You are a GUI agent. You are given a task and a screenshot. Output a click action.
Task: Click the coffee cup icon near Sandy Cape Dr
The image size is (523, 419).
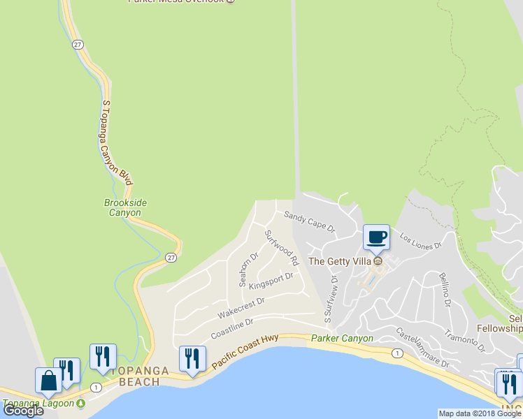(376, 237)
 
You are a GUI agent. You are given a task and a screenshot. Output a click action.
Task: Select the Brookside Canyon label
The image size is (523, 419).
(125, 207)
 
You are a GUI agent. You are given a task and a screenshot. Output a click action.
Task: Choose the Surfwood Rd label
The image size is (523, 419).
(282, 247)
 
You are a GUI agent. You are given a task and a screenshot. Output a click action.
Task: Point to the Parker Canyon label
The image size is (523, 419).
(342, 338)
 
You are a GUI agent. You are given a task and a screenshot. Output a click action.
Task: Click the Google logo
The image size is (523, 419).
(23, 411)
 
